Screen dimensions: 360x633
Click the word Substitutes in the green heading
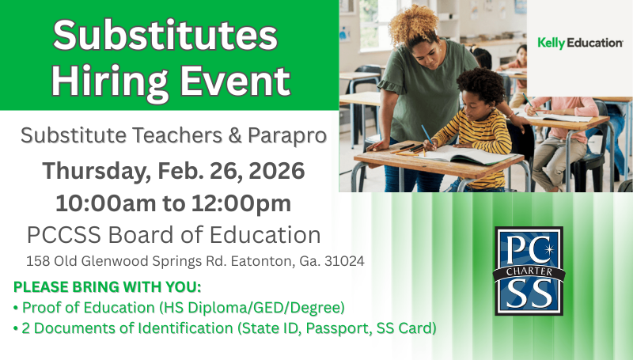[165, 35]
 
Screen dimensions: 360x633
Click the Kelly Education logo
[580, 43]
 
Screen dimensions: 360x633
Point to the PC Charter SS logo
[529, 271]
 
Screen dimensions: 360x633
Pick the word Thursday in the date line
[87, 169]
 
